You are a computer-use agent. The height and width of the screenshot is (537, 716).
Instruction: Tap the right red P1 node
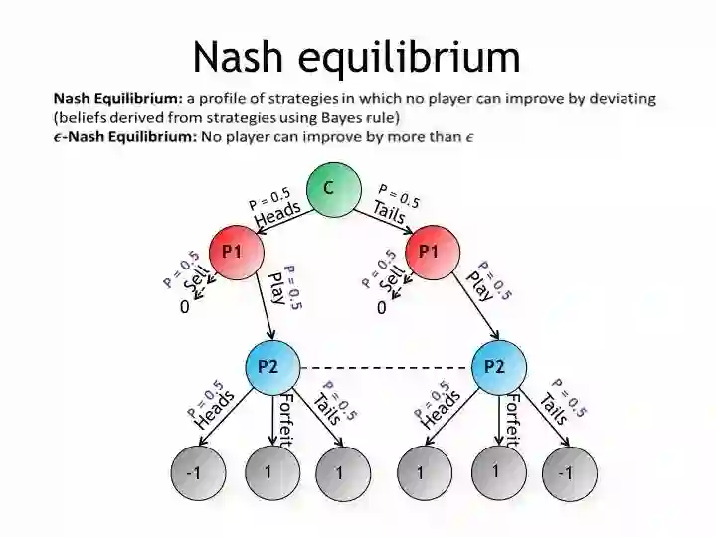click(x=430, y=252)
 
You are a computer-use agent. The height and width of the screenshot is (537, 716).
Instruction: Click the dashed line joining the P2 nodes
click(x=384, y=367)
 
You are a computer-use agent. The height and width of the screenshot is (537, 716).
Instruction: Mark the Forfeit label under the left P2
click(x=286, y=419)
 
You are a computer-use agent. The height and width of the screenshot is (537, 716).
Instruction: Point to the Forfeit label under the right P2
click(x=512, y=419)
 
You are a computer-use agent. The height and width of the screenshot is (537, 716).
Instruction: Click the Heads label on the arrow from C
click(x=277, y=212)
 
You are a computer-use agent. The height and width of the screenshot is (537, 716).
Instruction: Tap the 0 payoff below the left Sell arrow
click(x=185, y=308)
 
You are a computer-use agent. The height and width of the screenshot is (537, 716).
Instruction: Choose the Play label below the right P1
click(x=479, y=286)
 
